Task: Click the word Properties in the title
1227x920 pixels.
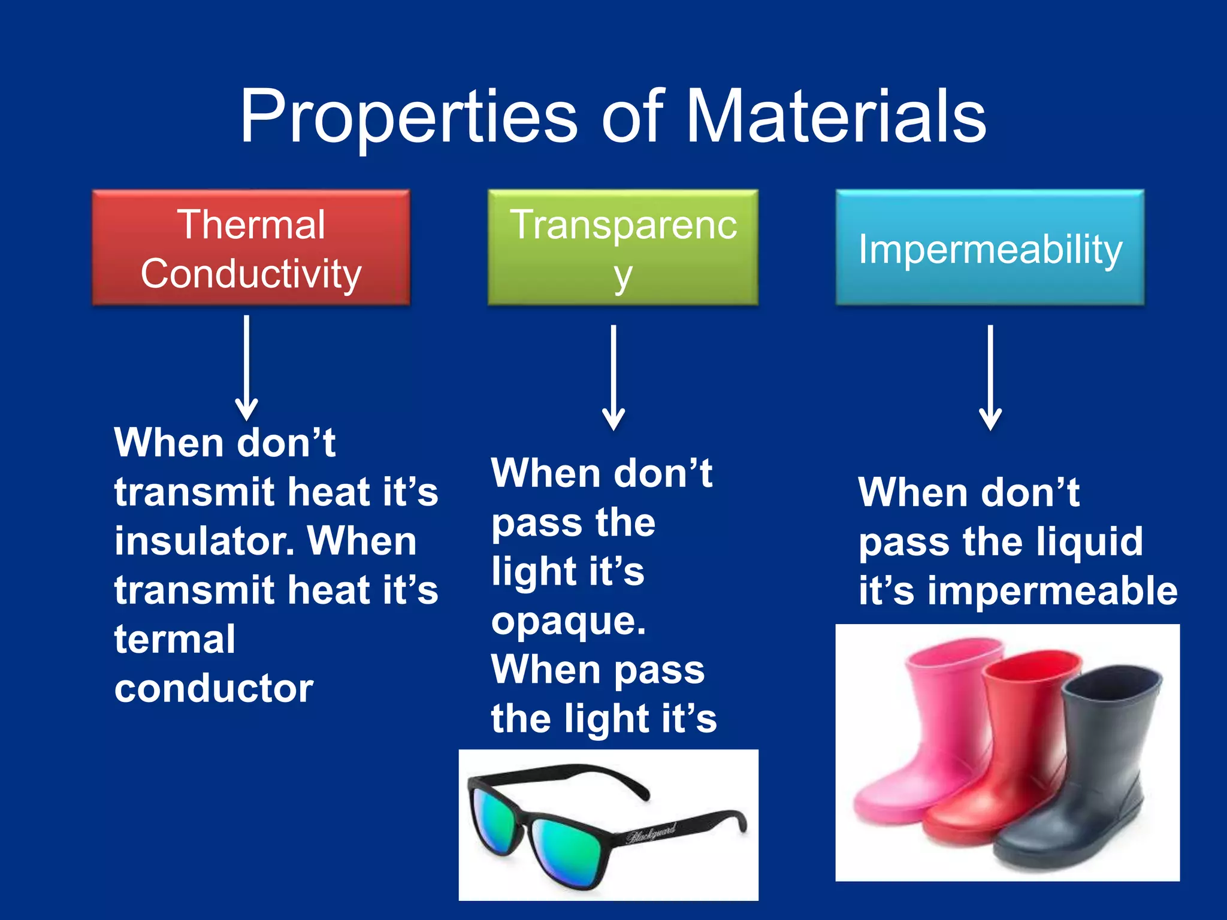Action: [409, 117]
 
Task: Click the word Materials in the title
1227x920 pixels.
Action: [835, 117]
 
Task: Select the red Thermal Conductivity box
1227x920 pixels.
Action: [251, 247]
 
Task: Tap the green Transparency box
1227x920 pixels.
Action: [623, 247]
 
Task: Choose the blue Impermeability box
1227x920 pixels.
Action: [990, 247]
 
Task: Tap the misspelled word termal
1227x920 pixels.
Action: [175, 639]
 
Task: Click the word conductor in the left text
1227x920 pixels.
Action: [214, 688]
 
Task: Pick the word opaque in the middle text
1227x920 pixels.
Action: [568, 621]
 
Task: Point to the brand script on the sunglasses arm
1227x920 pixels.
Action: [651, 833]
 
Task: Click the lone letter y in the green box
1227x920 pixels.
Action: [623, 277]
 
